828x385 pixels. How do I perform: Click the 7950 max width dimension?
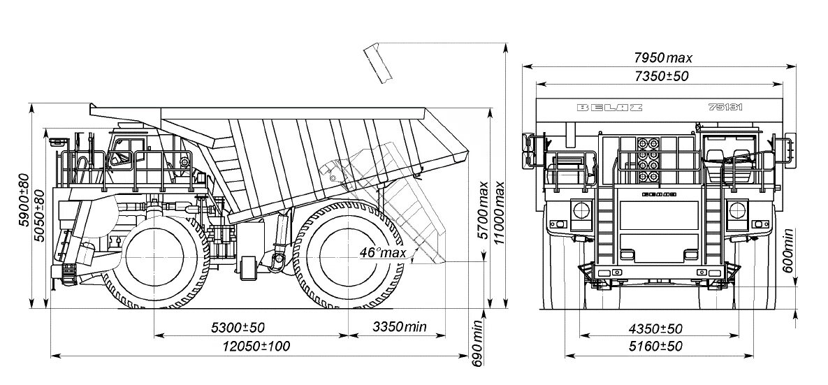coord(663,57)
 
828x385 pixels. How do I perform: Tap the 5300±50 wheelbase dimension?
coord(238,327)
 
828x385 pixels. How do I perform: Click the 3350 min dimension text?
coord(399,327)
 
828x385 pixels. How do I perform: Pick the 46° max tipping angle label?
coord(383,252)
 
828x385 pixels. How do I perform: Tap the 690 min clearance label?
coord(478,343)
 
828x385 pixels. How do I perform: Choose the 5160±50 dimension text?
coord(655,346)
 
